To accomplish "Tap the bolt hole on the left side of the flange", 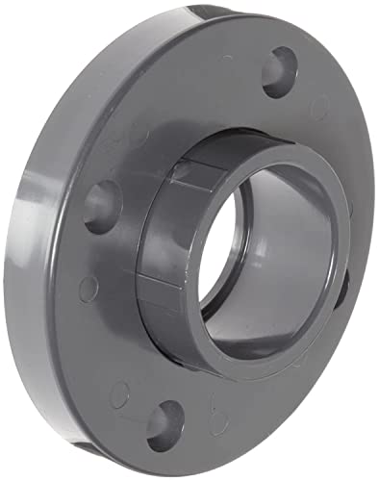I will (101, 205).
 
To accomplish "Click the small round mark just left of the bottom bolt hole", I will (119, 393).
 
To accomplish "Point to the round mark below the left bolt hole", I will (88, 286).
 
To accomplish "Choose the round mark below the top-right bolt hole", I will (320, 108).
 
